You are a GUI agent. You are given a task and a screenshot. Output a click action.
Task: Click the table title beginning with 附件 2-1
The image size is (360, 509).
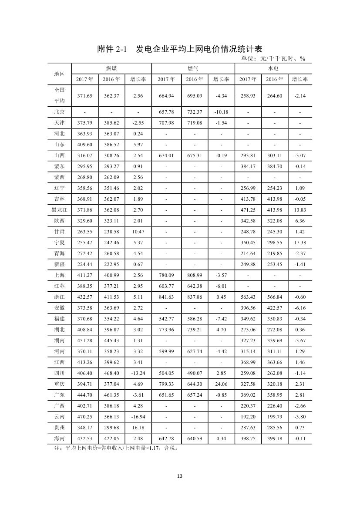click(179, 49)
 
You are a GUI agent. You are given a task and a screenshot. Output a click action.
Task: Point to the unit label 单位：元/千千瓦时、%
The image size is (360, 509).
click(273, 59)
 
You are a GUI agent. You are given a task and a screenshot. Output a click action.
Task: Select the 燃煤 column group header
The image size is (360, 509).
click(111, 68)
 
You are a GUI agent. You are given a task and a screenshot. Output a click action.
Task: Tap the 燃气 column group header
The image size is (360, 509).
click(193, 68)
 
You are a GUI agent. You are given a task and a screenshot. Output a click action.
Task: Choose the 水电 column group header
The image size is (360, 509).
click(273, 68)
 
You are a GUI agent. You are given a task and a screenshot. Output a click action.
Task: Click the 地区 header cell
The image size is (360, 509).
click(59, 74)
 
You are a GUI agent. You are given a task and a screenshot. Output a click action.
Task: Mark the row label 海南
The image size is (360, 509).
click(59, 438)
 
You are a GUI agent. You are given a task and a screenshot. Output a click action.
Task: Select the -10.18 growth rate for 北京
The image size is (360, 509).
click(221, 112)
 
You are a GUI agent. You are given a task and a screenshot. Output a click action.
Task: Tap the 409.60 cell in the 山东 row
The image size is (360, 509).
click(84, 145)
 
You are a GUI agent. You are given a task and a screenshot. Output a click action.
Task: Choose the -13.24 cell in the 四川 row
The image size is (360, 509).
click(138, 373)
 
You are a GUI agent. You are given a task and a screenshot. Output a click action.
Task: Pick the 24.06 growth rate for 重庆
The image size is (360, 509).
click(221, 384)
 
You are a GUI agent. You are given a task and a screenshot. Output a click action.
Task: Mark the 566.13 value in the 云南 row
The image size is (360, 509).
click(111, 416)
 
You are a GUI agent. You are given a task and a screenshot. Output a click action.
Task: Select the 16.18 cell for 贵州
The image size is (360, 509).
click(138, 427)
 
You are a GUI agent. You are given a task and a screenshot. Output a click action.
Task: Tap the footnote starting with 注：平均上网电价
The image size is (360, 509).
click(115, 447)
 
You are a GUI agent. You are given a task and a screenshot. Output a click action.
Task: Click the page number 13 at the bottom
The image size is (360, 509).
click(180, 475)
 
